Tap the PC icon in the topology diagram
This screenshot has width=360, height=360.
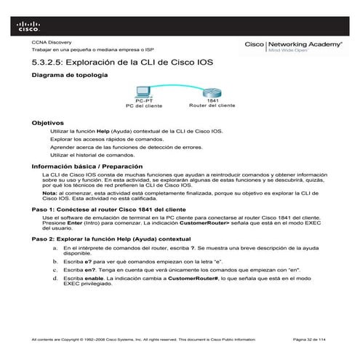143,90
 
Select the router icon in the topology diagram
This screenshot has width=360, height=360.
212,90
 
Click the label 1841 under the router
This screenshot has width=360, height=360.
212,100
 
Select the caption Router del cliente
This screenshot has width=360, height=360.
212,105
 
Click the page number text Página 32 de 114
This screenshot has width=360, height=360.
312,340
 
